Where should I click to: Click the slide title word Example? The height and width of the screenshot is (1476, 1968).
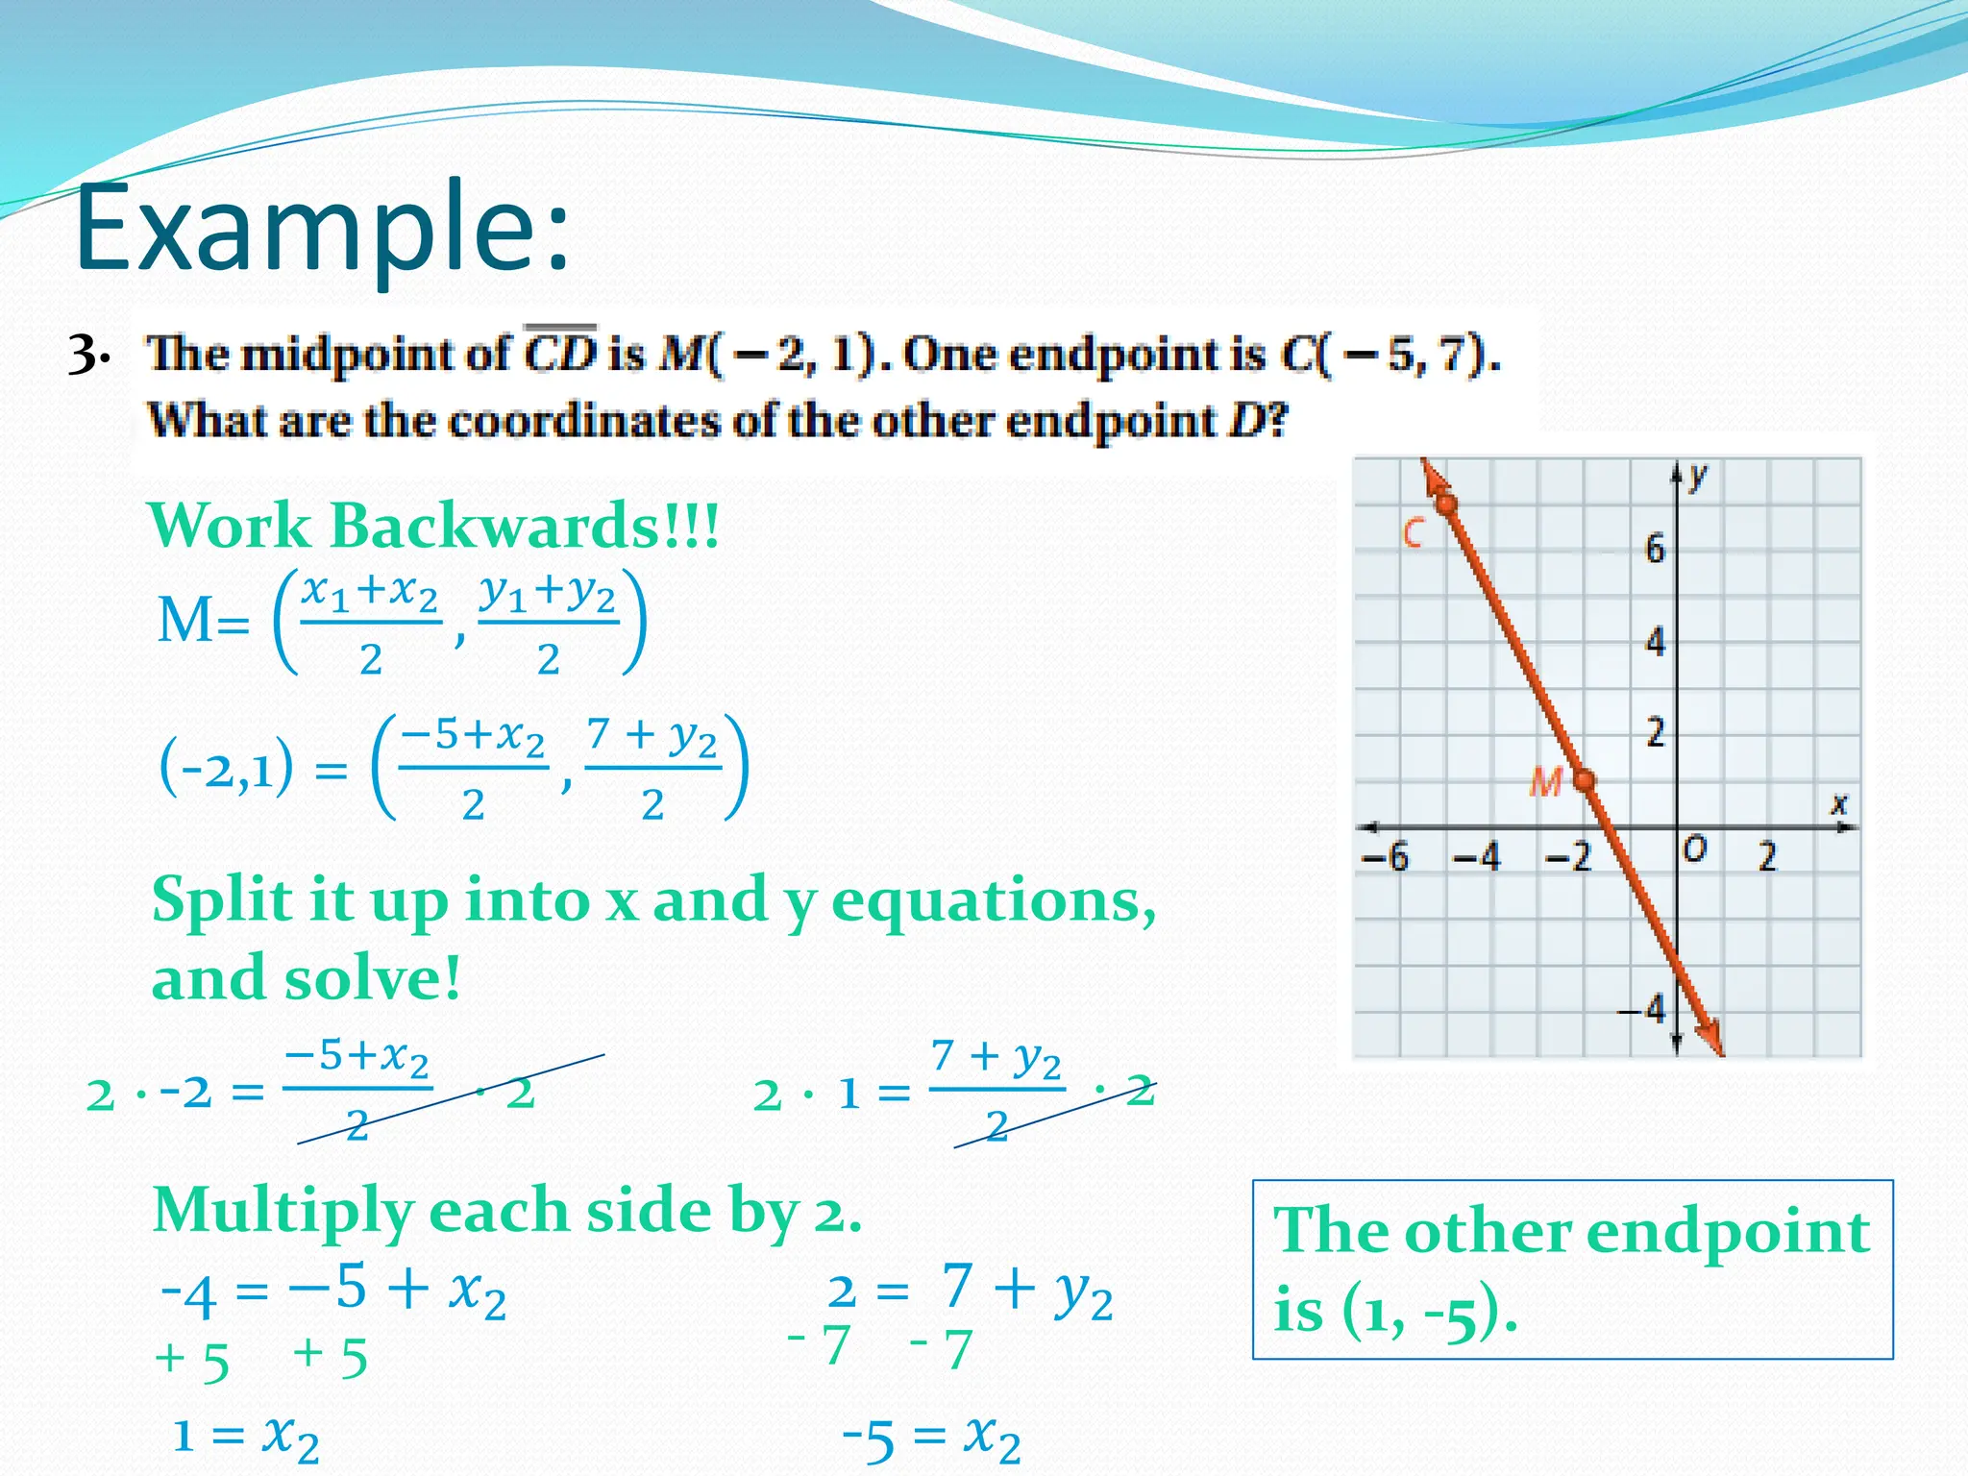[x=322, y=229]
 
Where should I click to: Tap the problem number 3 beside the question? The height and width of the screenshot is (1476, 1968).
[x=86, y=356]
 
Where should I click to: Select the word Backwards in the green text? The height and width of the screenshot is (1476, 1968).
[x=524, y=527]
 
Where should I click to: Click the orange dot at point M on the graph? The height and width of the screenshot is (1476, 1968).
[x=1585, y=780]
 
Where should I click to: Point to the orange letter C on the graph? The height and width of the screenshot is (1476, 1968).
[x=1413, y=532]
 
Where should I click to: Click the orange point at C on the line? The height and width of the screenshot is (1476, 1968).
[x=1445, y=504]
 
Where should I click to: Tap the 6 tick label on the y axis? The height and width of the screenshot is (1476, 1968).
[x=1654, y=549]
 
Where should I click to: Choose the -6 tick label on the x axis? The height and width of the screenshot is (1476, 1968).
[x=1385, y=856]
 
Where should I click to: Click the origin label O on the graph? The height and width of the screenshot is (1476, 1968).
[x=1695, y=849]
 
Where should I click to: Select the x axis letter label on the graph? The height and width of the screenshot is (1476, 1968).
[x=1838, y=803]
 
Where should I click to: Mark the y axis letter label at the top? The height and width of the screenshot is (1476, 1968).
[x=1699, y=475]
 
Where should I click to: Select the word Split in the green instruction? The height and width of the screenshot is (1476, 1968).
[x=221, y=900]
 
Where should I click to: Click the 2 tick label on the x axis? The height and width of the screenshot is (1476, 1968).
[x=1767, y=856]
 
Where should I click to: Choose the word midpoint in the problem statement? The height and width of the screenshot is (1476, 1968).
[x=374, y=355]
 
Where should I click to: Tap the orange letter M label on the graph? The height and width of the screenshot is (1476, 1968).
[x=1544, y=783]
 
